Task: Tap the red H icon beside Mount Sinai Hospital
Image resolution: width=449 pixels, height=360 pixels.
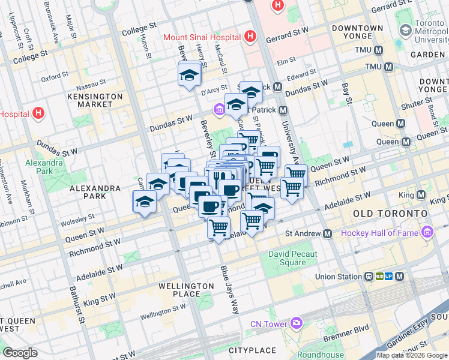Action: point(251,37)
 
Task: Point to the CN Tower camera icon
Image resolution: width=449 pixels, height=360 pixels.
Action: point(296,324)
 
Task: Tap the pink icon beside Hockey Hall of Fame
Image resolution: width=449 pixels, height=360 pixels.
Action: point(427,232)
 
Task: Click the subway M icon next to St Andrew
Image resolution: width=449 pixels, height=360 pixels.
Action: point(327,233)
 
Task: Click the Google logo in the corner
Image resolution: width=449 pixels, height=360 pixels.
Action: point(20,353)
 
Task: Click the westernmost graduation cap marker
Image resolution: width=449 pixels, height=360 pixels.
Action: point(145,202)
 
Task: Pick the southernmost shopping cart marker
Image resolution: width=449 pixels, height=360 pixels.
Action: point(219,228)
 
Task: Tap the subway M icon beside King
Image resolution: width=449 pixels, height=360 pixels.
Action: point(421,196)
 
